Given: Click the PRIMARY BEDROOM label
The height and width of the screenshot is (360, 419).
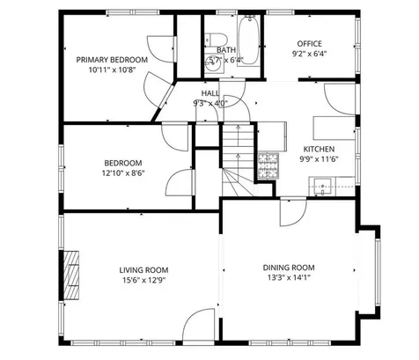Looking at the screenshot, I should pos(111,59).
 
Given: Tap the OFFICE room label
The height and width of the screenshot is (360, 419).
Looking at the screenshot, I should pos(309,43).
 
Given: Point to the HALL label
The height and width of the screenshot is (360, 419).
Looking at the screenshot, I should pos(210,92).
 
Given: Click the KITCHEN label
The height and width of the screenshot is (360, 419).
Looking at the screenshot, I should pos(319,149).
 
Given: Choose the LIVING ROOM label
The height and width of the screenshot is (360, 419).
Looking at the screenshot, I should pos(143,270).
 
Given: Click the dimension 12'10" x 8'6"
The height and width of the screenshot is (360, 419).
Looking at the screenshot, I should pos(123,173).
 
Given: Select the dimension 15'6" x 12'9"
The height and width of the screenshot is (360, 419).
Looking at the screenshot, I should pos(143,281).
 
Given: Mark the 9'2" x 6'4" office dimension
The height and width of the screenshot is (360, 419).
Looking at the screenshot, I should pos(309,54).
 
